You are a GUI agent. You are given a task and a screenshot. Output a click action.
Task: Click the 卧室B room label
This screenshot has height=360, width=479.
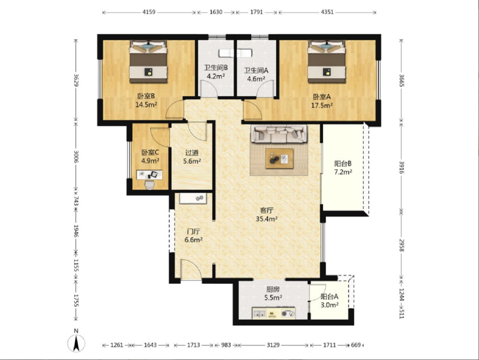tap(146, 96)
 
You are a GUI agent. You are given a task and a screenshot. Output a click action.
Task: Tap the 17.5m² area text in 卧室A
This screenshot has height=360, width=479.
tap(322, 106)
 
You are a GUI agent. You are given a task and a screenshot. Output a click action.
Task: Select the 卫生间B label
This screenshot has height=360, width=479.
tap(216, 68)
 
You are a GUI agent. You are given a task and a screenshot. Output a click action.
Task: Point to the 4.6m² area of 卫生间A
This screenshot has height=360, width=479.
tap(256, 79)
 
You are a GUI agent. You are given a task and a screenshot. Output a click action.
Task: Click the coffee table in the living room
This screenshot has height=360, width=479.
tap(279, 158)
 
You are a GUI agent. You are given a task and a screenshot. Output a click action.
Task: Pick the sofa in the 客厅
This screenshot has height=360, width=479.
tap(279, 134)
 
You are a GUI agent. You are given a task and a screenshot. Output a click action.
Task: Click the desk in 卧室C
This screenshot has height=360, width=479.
tap(149, 175)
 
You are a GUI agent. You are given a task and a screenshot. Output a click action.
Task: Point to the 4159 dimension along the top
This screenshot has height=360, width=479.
tap(149, 12)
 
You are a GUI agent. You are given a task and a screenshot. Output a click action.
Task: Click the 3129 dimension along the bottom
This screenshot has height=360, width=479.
tap(273, 345)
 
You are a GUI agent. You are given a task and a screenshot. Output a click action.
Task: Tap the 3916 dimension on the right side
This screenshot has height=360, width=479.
tap(401, 168)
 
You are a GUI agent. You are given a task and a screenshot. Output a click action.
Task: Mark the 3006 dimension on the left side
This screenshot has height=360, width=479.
tap(76, 156)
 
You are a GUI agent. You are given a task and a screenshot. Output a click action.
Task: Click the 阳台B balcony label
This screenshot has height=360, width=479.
tap(343, 164)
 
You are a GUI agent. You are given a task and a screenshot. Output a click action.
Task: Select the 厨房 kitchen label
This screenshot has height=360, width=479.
tap(273, 290)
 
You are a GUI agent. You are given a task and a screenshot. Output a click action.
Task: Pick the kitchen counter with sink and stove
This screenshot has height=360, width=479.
tap(274, 314)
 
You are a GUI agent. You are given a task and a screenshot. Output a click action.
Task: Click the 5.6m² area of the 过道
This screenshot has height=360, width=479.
tap(192, 161)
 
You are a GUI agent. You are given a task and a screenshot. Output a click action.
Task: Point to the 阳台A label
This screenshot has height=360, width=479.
tap(329, 296)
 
